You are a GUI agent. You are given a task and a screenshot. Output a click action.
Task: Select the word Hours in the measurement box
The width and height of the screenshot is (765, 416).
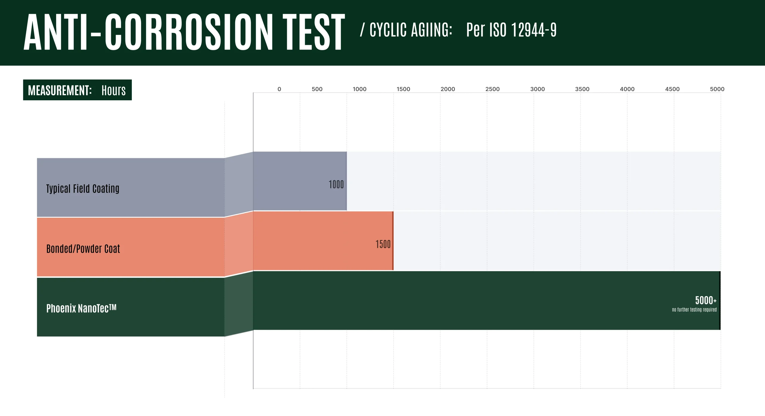coord(114,90)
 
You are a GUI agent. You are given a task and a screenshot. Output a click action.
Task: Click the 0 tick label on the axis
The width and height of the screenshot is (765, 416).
coord(279,89)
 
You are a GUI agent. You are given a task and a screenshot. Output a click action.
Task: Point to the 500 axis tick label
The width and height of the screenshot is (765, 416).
coord(317,89)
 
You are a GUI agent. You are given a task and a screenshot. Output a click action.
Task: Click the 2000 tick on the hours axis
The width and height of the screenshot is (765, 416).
coord(448,89)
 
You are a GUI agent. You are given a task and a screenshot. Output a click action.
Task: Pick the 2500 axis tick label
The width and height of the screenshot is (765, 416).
coord(492,89)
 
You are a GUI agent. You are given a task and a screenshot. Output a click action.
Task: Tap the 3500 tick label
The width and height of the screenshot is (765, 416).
coord(582,89)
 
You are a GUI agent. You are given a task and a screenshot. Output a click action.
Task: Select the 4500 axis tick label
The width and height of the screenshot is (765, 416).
coord(672,89)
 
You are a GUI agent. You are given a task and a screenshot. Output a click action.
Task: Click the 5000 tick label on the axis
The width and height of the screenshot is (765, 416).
coord(717,89)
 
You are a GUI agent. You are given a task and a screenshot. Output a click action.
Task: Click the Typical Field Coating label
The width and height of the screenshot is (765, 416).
coord(83,189)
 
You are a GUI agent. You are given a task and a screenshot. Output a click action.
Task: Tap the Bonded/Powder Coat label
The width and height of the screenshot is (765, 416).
coord(83,249)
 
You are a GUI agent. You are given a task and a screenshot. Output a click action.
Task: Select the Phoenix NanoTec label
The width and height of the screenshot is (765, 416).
coord(81,308)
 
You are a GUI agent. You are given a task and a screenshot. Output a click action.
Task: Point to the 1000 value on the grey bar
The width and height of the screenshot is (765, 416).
coord(336,184)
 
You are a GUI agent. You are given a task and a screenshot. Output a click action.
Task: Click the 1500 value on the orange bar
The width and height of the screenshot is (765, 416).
coord(383,244)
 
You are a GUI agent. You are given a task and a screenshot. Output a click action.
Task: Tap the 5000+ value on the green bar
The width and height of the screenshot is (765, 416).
coord(706,300)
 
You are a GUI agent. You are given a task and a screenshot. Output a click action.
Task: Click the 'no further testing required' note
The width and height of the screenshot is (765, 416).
coord(694,310)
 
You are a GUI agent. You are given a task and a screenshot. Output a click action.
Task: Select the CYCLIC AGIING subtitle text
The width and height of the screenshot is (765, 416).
coord(411,30)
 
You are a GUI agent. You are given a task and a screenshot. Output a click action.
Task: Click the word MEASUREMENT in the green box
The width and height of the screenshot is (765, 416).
coord(60,90)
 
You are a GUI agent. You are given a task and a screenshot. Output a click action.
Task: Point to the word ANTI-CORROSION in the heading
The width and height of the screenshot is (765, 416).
coord(148,32)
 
